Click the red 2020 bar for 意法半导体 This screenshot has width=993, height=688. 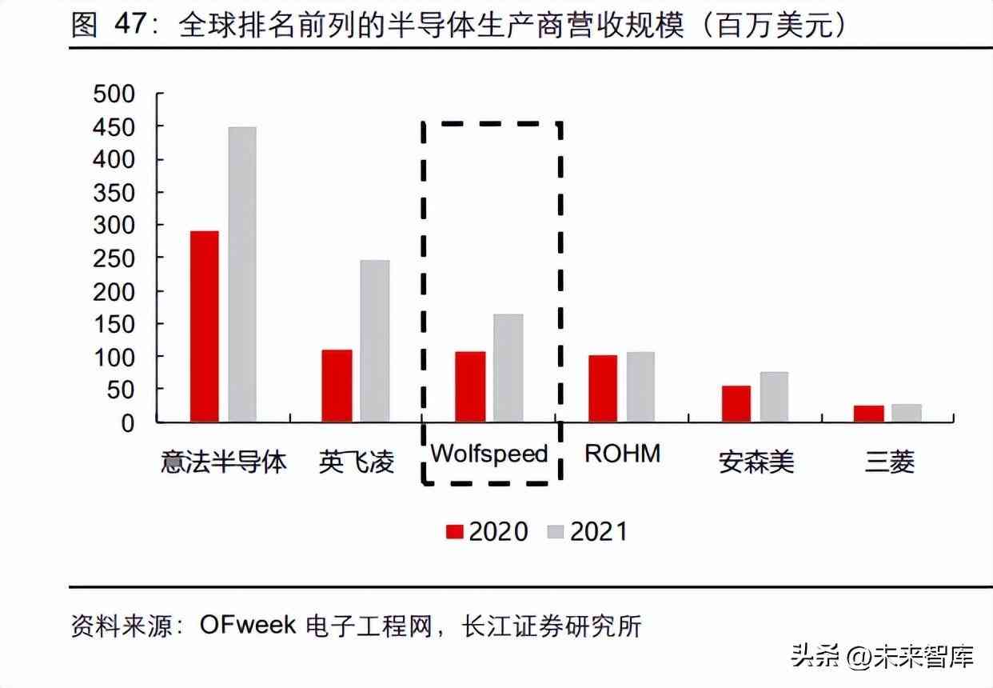tap(205, 326)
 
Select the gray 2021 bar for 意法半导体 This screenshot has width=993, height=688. tap(242, 274)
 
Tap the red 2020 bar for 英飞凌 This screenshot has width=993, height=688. tap(337, 386)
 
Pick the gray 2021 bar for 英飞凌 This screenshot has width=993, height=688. tap(375, 341)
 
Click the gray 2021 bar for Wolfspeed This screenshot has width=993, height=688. tap(508, 368)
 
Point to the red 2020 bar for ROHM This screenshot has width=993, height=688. tap(603, 388)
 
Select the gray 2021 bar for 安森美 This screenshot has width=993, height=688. tap(774, 397)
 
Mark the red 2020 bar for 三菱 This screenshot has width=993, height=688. tap(868, 414)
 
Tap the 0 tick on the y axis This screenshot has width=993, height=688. tap(128, 422)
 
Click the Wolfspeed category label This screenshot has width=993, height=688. tap(489, 454)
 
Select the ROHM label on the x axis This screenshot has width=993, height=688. tap(623, 454)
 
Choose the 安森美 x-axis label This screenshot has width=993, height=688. tap(756, 462)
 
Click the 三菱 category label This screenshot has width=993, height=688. tap(889, 462)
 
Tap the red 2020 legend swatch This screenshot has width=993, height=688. tap(455, 532)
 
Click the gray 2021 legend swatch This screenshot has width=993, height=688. tap(556, 532)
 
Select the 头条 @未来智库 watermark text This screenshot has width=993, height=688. tap(883, 658)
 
